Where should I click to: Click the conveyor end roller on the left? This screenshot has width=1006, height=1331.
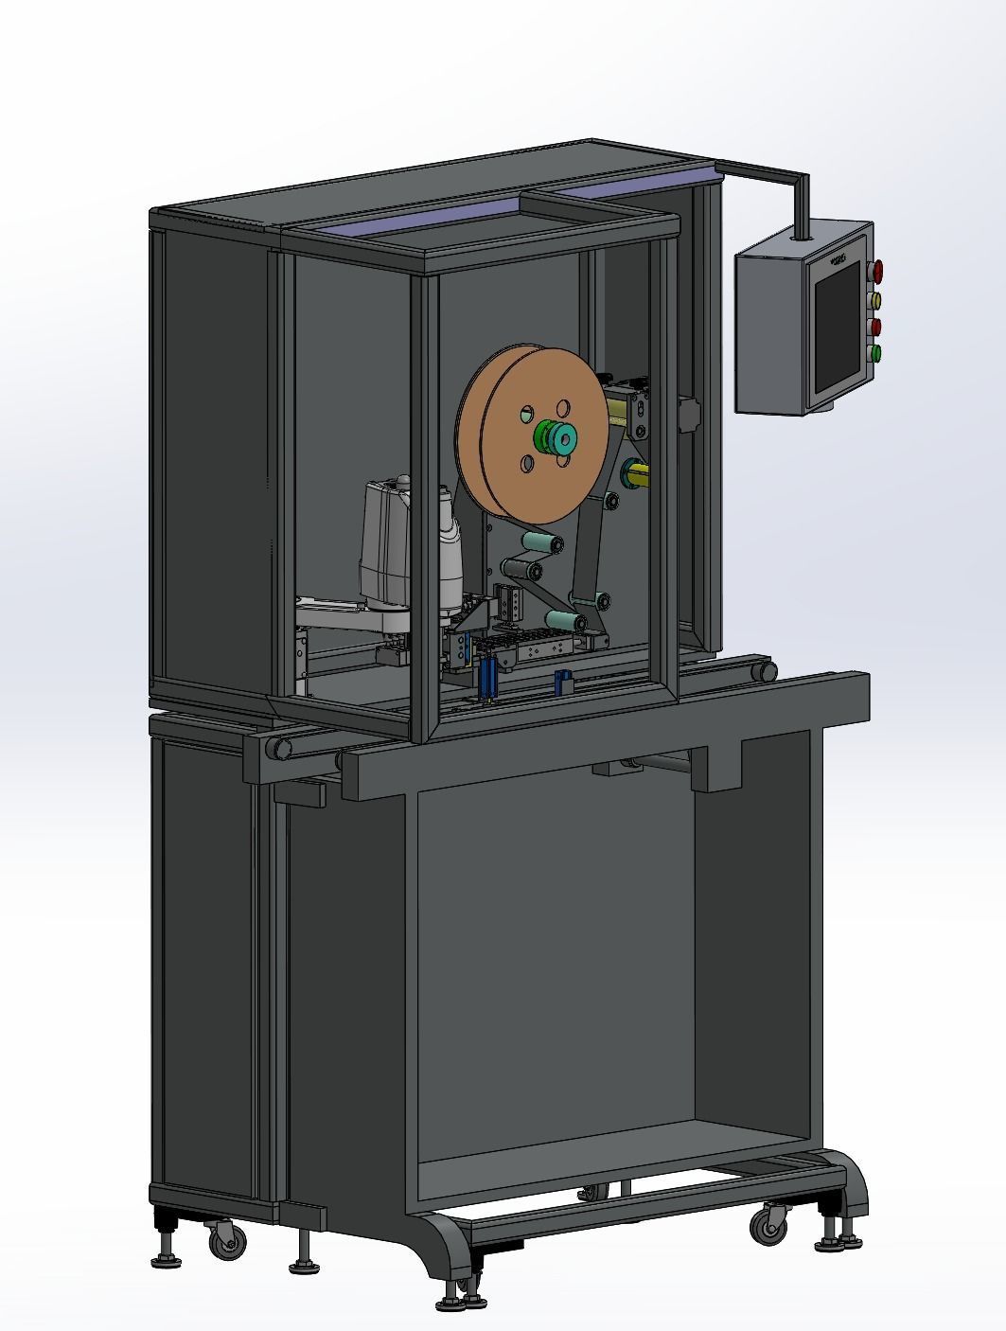coord(277,749)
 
